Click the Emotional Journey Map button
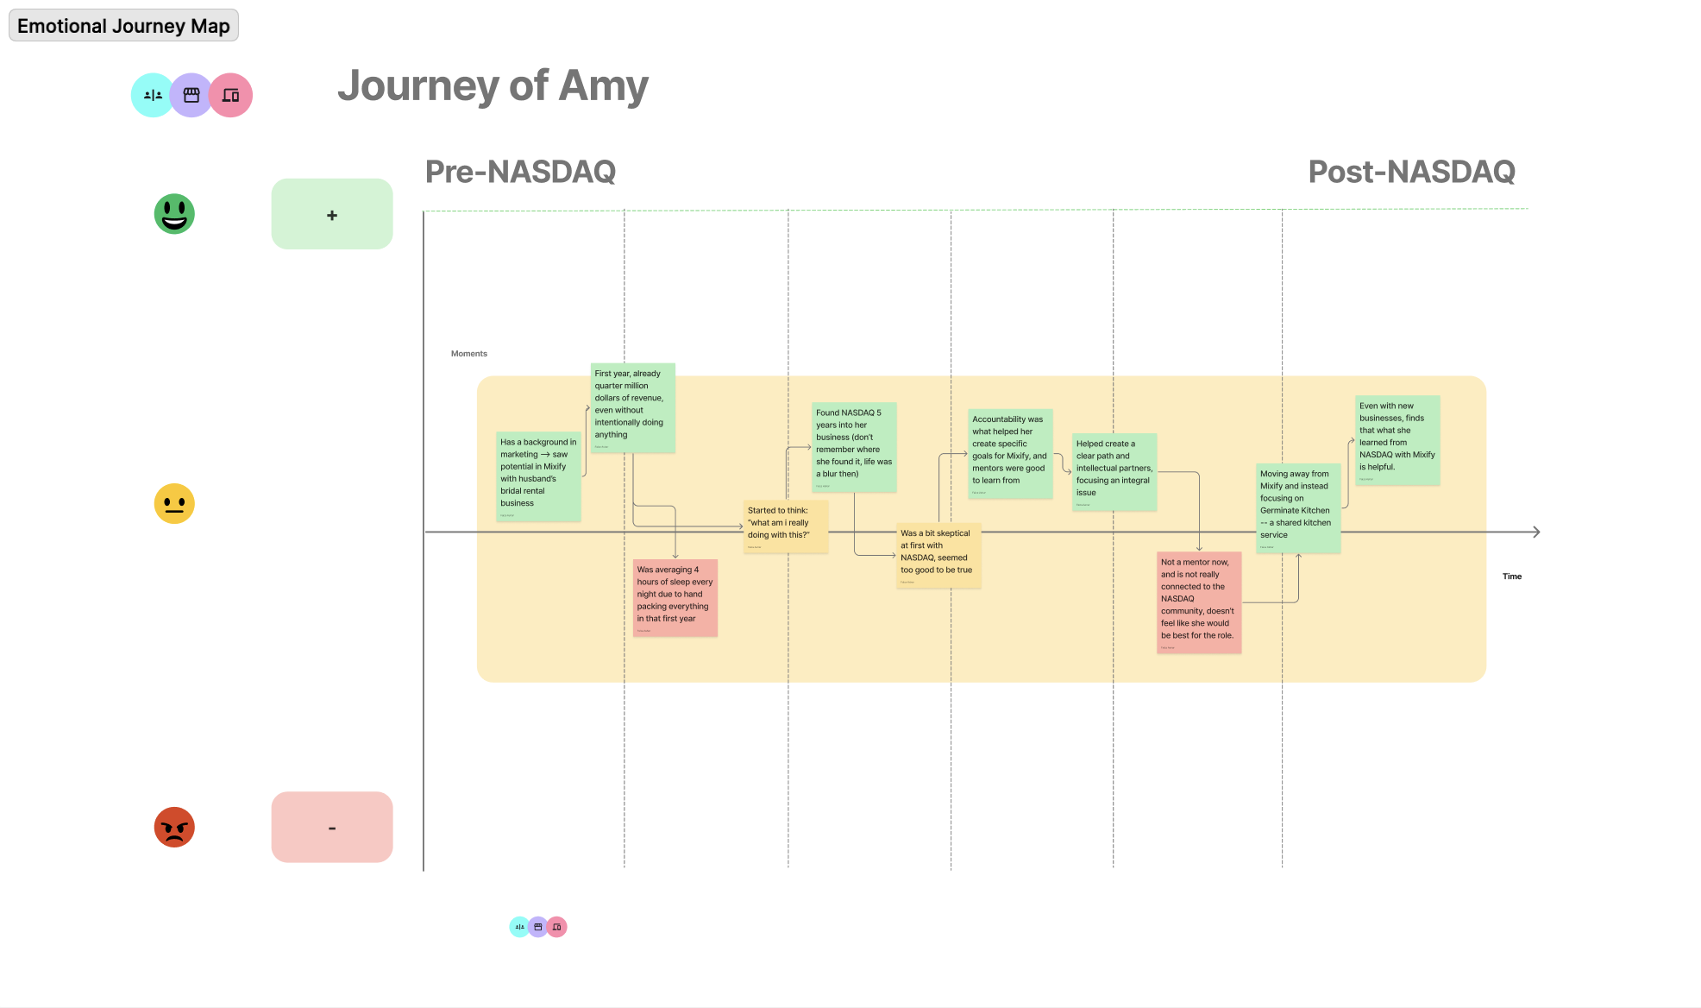123,26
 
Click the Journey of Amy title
493,86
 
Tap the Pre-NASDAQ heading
520,172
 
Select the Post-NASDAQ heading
1411,172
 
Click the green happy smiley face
174,214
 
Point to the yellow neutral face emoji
174,503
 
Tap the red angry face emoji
174,827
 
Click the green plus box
332,214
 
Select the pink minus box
332,827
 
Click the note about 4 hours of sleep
675,597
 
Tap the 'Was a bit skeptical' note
938,555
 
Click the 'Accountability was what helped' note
1010,453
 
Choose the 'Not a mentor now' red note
1199,602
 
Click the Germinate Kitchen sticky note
1298,508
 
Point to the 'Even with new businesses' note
1397,439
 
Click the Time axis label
1512,576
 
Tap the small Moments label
469,354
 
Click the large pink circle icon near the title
231,95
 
